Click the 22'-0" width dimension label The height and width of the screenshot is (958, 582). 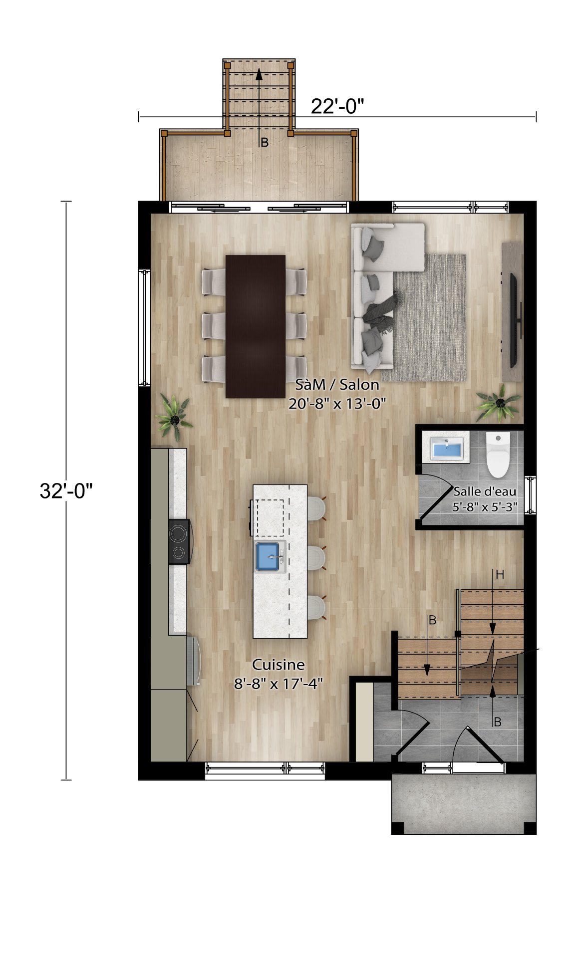click(337, 106)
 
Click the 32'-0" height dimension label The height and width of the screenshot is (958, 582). click(66, 491)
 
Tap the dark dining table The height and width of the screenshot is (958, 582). click(255, 326)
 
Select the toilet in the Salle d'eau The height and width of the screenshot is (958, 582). click(498, 455)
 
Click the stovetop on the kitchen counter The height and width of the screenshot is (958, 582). click(179, 542)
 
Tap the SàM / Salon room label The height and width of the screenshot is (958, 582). click(337, 385)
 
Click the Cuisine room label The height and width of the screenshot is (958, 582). click(278, 665)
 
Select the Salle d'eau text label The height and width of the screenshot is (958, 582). click(485, 491)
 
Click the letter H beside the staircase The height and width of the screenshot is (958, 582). click(500, 575)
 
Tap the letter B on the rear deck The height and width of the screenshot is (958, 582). click(265, 143)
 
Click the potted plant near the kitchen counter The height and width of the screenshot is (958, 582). click(173, 414)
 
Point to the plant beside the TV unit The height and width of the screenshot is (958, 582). click(498, 403)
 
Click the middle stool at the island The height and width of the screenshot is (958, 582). click(315, 557)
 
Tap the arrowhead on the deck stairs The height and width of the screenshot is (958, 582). click(259, 74)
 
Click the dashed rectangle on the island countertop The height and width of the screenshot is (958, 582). click(270, 516)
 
